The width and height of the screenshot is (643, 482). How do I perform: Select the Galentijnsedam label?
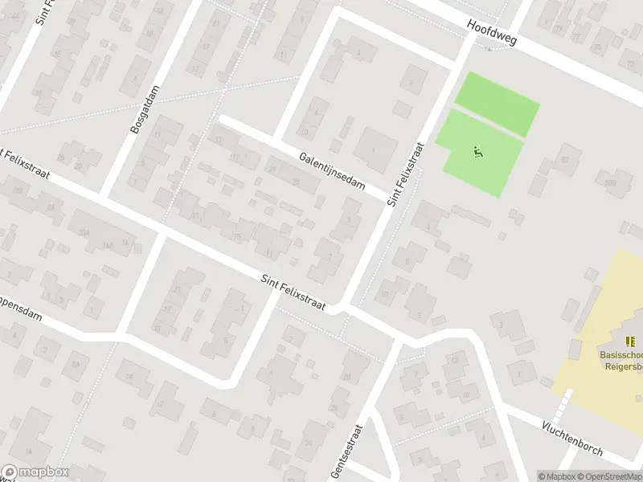330,171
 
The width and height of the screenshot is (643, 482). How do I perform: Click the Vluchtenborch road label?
572,439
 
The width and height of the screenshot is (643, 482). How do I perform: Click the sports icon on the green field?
478,151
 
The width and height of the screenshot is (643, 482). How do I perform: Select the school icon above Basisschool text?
629,341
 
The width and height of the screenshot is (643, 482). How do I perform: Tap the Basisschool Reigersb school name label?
621,361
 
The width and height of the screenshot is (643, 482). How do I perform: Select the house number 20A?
84,232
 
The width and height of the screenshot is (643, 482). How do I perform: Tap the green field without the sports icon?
497,104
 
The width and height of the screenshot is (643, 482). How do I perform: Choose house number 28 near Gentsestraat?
347,378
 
